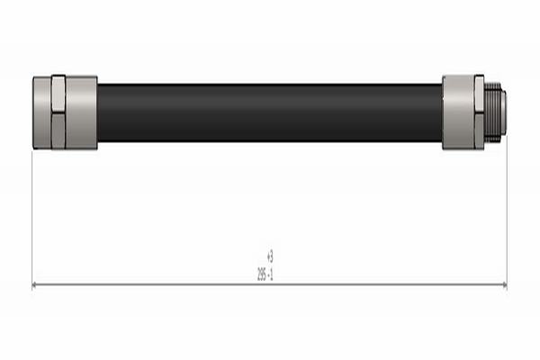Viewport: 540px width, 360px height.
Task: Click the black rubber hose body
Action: [x=270, y=112]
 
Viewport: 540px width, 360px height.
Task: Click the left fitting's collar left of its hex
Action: [x=41, y=112]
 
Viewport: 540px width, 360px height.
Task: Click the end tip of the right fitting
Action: [x=502, y=112]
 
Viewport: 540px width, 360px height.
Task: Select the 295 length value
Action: [x=263, y=272]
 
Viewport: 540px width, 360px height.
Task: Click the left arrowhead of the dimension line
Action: [x=36, y=284]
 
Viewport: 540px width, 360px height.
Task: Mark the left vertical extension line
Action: [x=32, y=216]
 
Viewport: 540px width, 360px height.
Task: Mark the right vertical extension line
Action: [x=507, y=216]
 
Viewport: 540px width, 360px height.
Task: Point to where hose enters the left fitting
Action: [x=97, y=112]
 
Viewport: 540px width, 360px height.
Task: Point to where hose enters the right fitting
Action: [x=442, y=112]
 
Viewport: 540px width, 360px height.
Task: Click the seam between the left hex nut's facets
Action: [x=58, y=112]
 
